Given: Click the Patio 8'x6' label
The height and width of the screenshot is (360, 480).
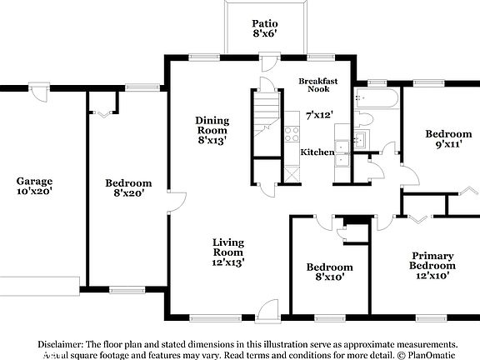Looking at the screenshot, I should [x=265, y=29].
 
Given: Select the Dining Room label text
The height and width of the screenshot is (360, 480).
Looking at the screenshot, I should [x=212, y=131].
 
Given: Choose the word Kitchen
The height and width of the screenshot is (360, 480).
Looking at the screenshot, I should [x=317, y=152].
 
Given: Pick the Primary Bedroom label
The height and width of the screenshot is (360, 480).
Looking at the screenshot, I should [x=432, y=265].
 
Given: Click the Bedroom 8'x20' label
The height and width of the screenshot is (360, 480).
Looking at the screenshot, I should [x=127, y=187].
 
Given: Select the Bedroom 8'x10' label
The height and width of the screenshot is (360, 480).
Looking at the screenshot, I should [x=329, y=272].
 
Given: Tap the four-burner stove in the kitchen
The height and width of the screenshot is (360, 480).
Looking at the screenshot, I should [x=292, y=134].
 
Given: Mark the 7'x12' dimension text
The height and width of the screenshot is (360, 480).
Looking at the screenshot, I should [x=320, y=114].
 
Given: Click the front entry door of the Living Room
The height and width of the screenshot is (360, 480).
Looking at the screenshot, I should [x=266, y=312].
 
